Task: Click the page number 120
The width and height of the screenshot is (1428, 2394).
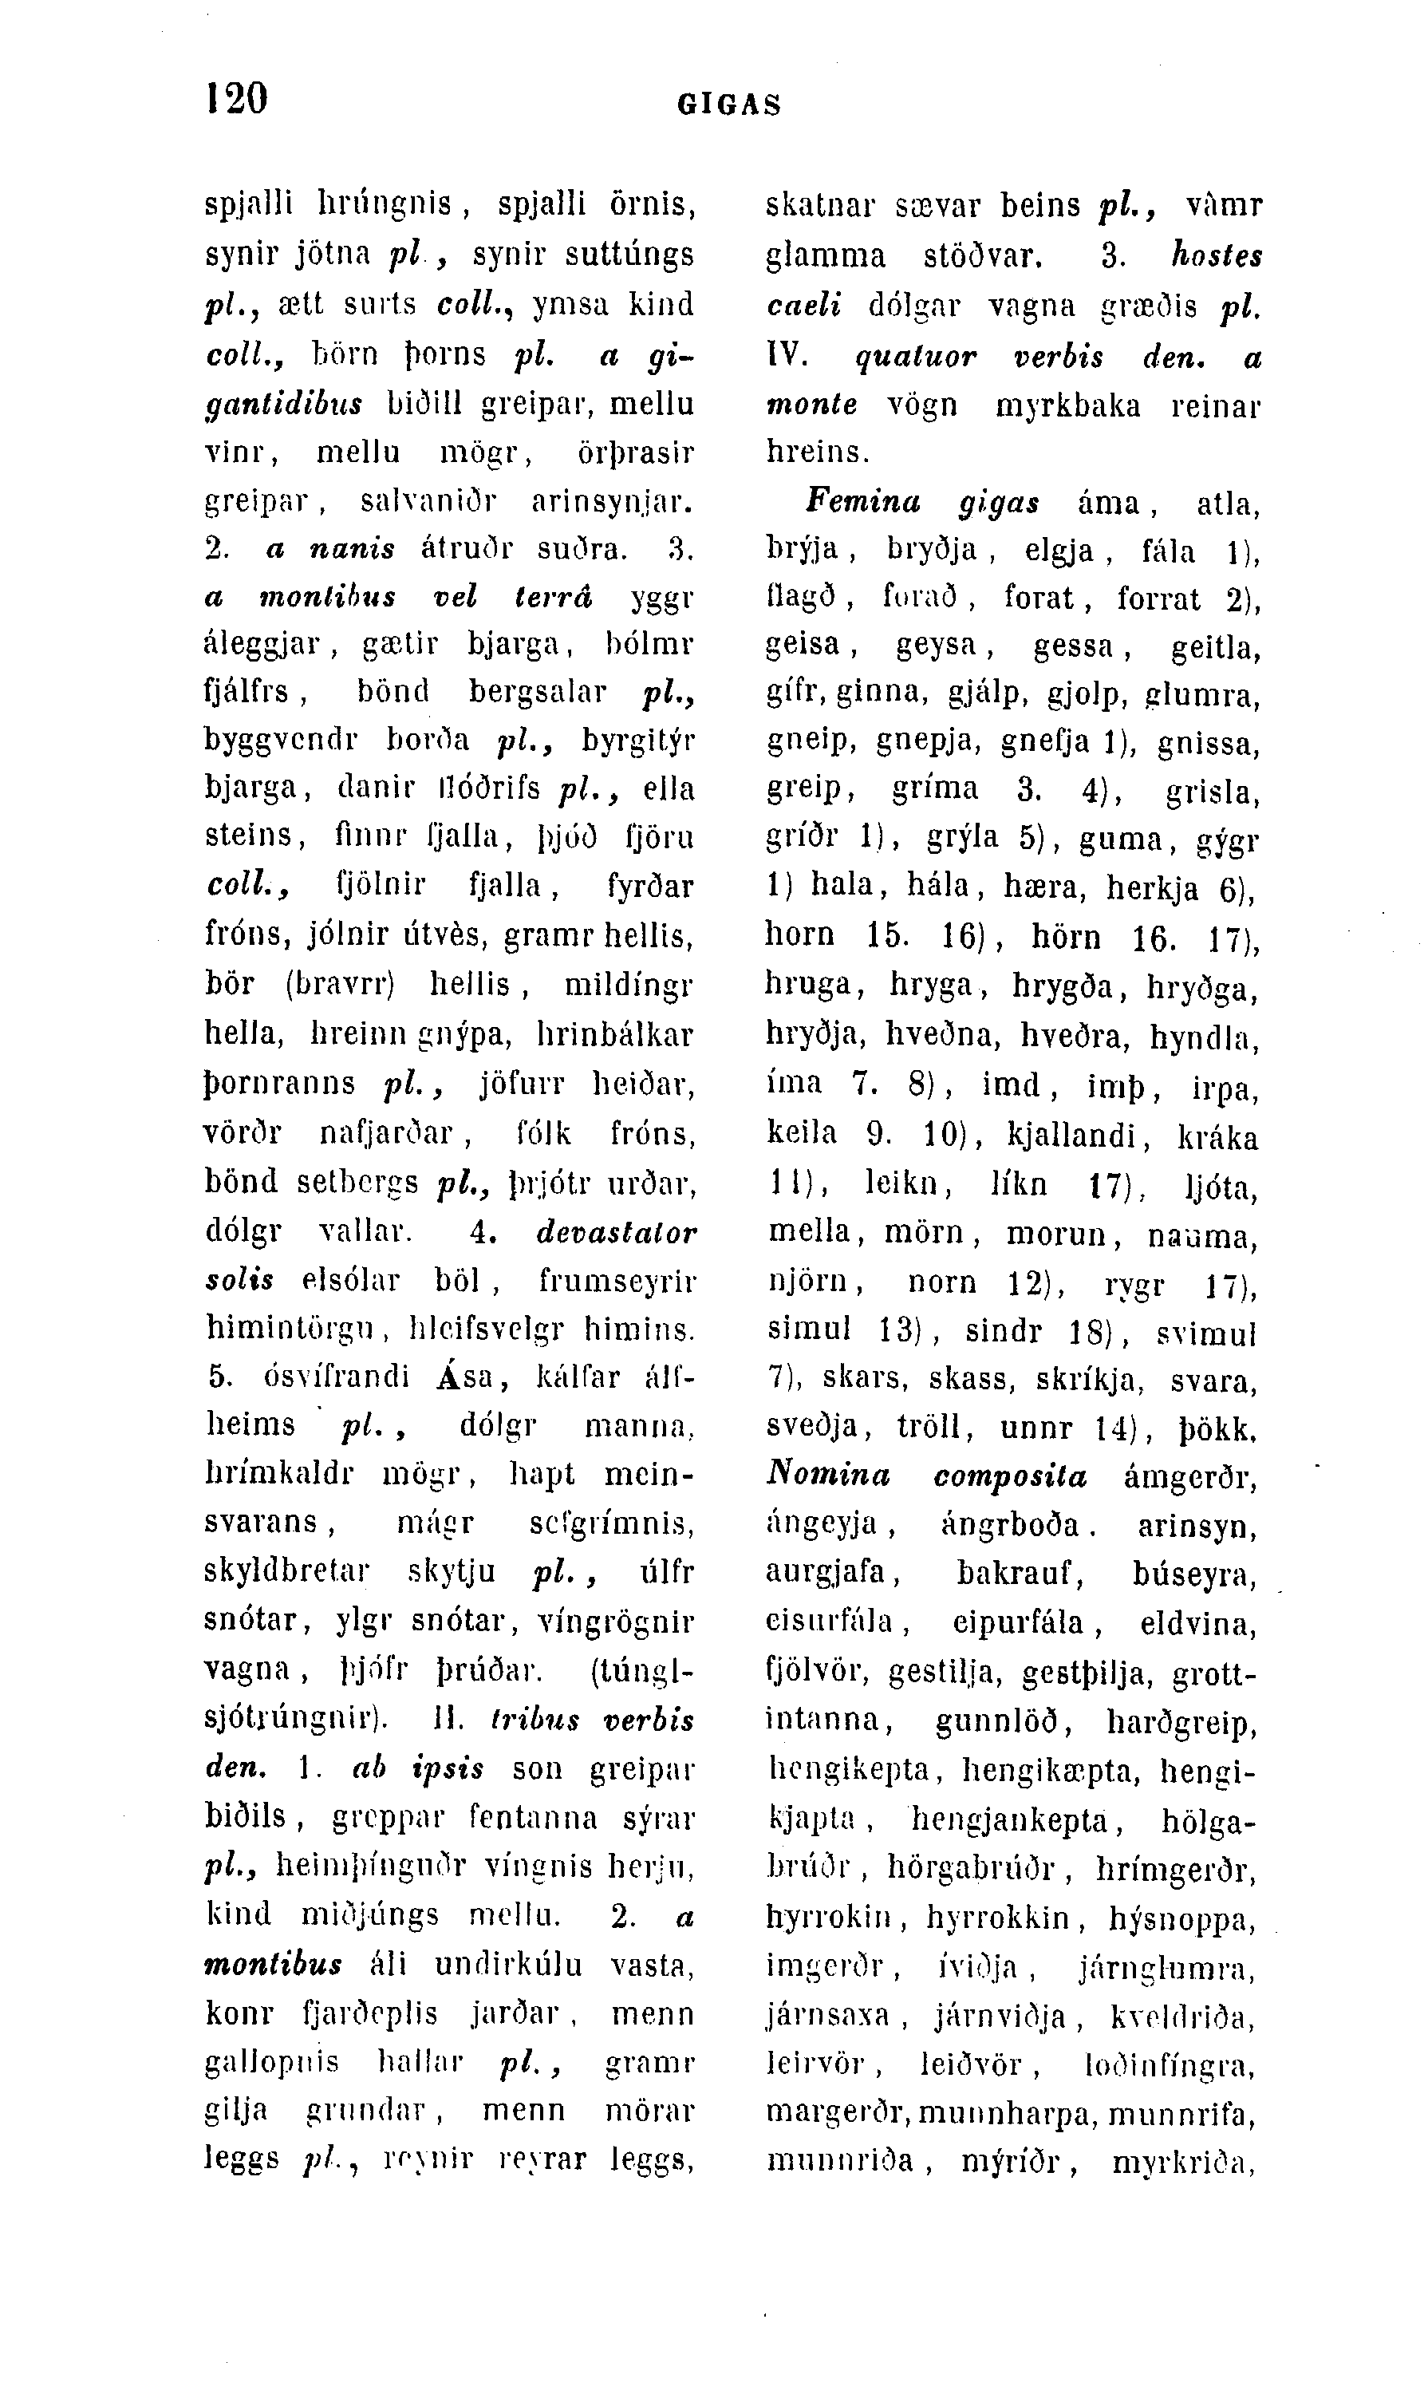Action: (x=237, y=99)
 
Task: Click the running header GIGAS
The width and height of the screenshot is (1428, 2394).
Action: (x=729, y=104)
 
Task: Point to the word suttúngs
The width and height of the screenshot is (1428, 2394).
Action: (x=629, y=255)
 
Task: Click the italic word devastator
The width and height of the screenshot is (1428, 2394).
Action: (x=616, y=1232)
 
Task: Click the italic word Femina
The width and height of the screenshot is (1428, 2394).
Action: (x=864, y=500)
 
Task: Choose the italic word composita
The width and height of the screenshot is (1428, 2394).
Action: (x=1011, y=1476)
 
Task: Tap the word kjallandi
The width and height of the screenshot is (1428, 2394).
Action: (x=1079, y=1135)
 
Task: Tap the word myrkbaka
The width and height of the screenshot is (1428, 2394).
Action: (x=1068, y=405)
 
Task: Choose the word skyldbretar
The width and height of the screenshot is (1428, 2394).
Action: (x=288, y=1572)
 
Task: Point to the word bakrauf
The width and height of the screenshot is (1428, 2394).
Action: (x=1020, y=1573)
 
